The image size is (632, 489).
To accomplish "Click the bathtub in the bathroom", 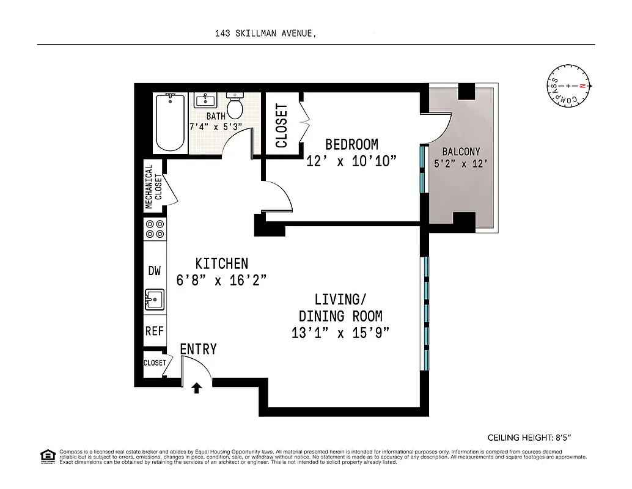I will pos(171,122).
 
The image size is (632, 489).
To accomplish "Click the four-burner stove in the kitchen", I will pos(154,229).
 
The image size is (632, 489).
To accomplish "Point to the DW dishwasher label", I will pos(154,271).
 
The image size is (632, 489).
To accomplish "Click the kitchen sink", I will pos(154,300).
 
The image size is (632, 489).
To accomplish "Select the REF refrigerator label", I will pos(154,331).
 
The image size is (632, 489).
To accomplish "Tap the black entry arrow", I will pos(197,388).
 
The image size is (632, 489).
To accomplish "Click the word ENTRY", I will pos(198,349).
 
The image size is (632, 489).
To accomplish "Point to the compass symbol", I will pos(568,86).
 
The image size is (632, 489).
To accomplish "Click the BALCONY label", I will pos(461,152).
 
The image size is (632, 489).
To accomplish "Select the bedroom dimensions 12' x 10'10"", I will pos(351,161).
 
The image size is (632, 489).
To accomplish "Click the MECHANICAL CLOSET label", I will pos(153,186).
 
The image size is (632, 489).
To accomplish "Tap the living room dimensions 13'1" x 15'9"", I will pos(340,333).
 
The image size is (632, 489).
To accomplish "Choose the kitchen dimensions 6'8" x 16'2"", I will pos(221,280).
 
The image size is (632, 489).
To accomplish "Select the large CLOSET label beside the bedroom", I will pos(281,126).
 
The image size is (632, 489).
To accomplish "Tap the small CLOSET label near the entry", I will pos(155,362).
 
